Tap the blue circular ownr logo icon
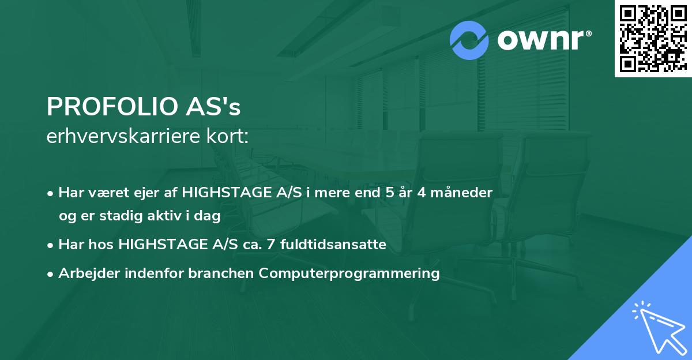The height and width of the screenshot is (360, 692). [x=469, y=41]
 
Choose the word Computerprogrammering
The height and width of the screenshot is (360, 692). [x=349, y=273]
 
